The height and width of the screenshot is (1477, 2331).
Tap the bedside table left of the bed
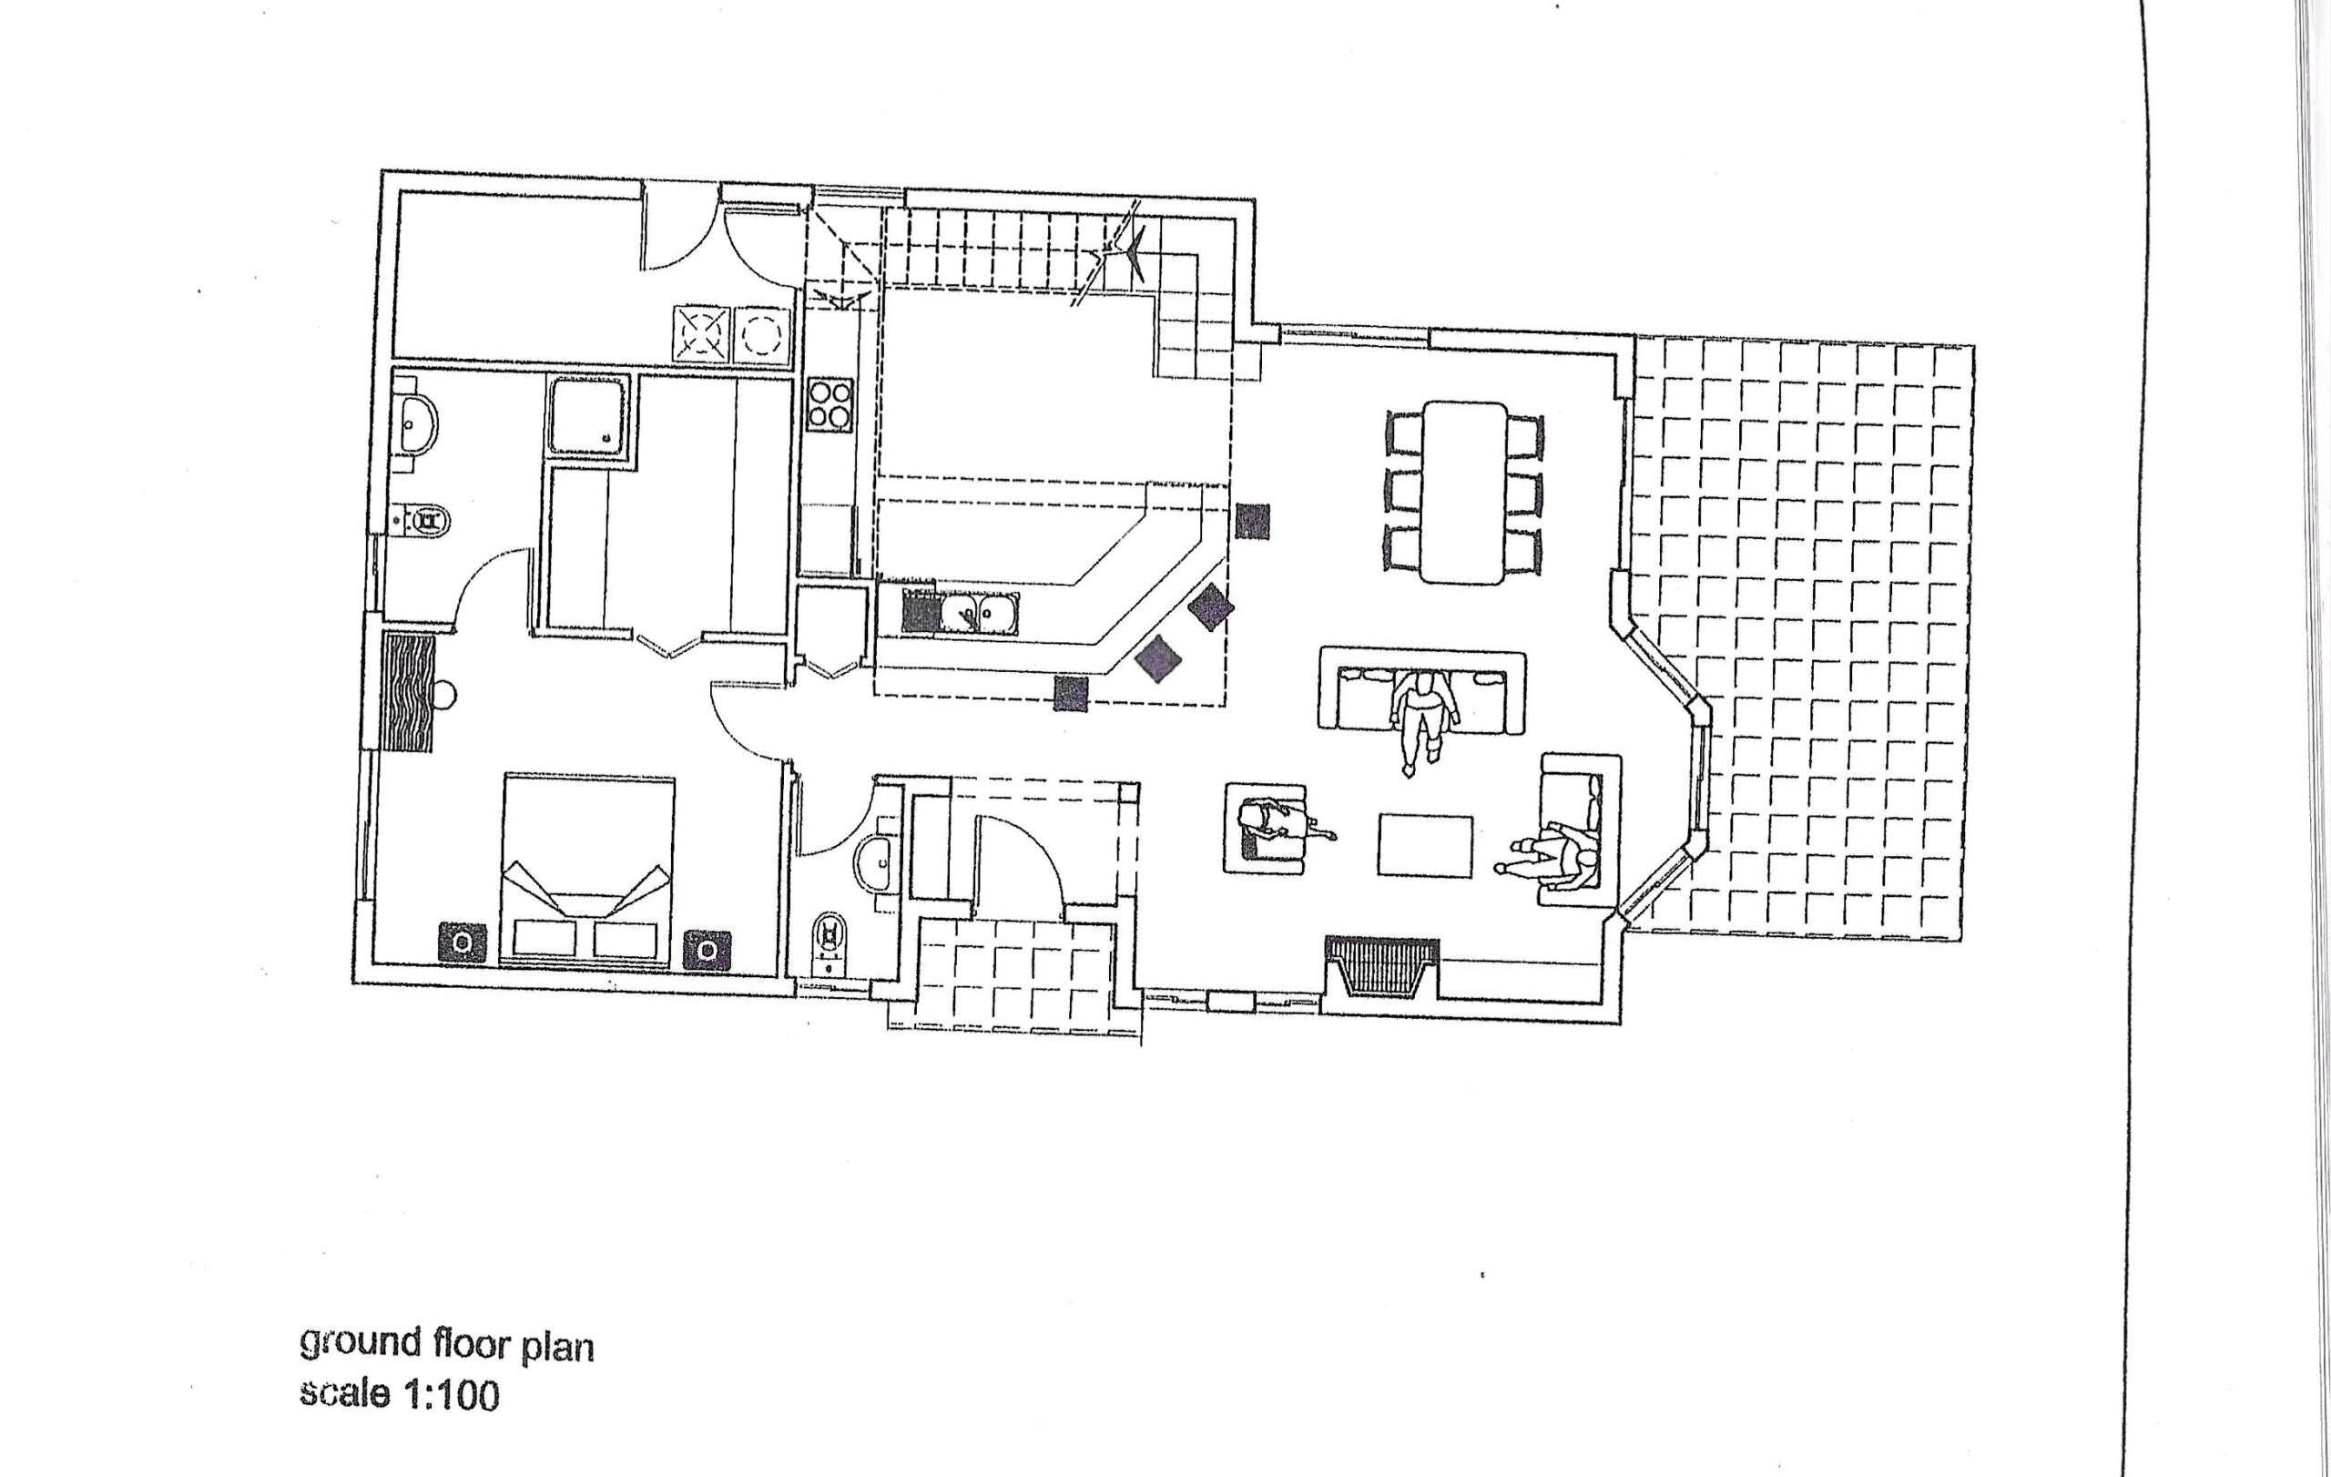tap(463, 942)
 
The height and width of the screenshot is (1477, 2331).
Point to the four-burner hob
tap(830, 404)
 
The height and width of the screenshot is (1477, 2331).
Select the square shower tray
tap(589, 415)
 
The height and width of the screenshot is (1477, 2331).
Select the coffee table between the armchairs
tap(1425, 846)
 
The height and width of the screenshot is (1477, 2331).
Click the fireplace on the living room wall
tap(1380, 966)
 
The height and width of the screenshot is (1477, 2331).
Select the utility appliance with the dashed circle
tap(763, 336)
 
